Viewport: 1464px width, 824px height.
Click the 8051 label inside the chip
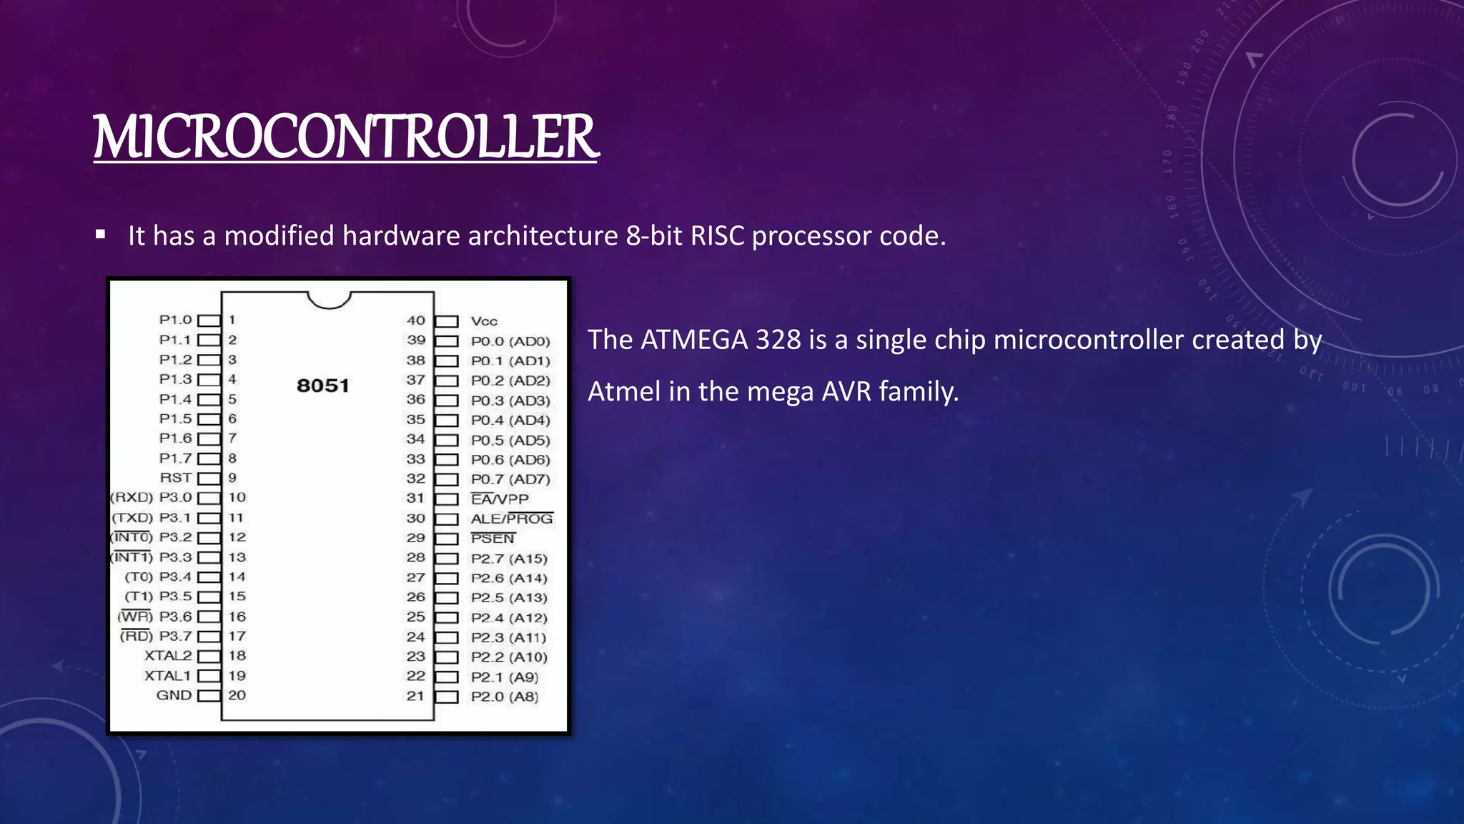click(323, 386)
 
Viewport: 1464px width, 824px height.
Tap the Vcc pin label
click(484, 321)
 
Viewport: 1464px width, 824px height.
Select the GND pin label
click(174, 695)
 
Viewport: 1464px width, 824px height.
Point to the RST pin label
click(176, 478)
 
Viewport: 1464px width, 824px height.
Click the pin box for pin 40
click(446, 321)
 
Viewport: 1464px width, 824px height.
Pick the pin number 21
click(415, 696)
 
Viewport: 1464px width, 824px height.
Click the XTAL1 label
click(168, 675)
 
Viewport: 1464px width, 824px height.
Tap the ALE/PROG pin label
click(512, 519)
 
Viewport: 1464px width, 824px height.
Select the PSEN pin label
click(493, 538)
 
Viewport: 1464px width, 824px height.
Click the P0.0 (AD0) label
click(510, 341)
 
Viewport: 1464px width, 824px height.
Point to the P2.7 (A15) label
click(509, 559)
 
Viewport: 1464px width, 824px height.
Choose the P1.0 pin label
click(176, 320)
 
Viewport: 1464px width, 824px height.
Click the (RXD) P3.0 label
click(152, 497)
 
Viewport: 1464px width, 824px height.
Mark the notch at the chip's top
click(329, 300)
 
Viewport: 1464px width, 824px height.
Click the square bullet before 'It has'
click(101, 235)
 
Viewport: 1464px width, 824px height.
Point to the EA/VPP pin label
click(500, 499)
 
